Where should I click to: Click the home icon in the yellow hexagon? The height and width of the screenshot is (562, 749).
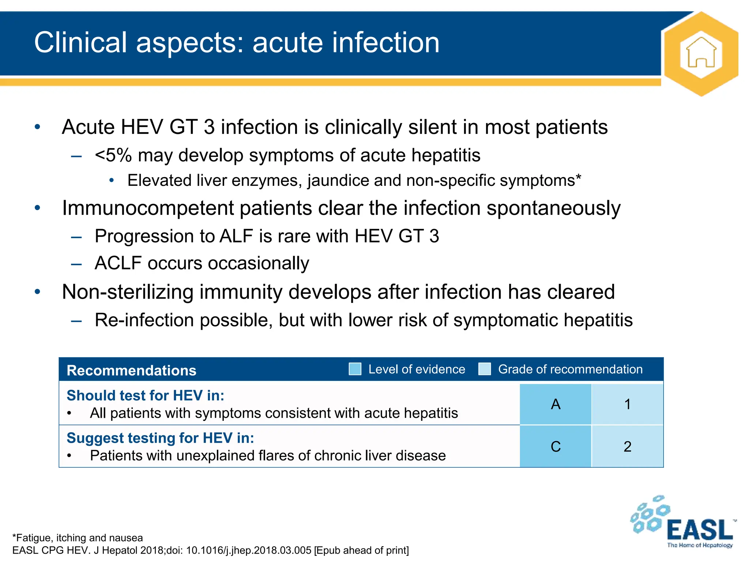(x=701, y=54)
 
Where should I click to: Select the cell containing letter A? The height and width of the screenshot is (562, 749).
(x=555, y=404)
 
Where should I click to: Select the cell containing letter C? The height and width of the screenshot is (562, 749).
(x=555, y=447)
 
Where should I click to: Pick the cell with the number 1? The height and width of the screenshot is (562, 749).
(x=627, y=404)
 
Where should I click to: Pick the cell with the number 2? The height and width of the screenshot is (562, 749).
(x=627, y=447)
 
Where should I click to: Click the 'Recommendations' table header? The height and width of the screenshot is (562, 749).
(x=131, y=370)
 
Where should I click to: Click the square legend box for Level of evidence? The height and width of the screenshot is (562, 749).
(x=355, y=369)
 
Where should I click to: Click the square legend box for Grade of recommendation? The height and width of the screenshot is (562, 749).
(x=485, y=369)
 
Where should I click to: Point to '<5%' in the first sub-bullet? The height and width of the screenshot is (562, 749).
(x=113, y=155)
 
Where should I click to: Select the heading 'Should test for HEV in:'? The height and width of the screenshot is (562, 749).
(x=145, y=396)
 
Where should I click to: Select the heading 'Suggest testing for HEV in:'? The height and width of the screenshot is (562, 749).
(x=160, y=438)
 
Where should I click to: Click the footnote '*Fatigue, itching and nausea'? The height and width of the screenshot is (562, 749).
(x=78, y=537)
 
